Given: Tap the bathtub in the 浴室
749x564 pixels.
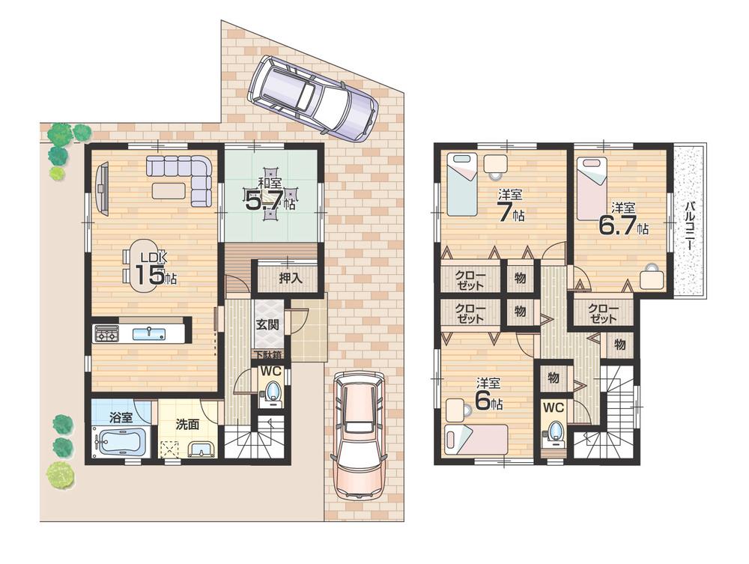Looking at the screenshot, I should coord(118,441).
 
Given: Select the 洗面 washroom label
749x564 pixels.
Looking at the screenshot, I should coord(187,423).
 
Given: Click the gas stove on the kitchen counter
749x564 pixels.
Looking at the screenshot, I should coord(106,334).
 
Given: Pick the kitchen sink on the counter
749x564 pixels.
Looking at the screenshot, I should coord(148,333).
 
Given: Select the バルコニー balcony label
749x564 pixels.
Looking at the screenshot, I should coord(688,222).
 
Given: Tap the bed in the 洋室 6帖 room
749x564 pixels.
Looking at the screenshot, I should coord(475,439).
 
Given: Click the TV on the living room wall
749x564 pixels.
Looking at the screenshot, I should coord(103,188).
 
